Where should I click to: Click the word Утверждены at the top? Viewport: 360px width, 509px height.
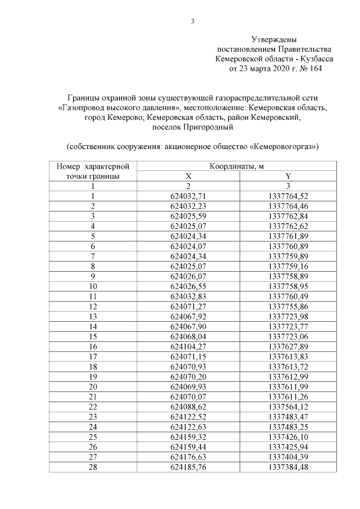tap(274, 39)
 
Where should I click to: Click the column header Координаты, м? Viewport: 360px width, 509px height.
tap(237, 166)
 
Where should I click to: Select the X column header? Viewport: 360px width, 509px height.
tap(189, 176)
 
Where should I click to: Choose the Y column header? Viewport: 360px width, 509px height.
tap(288, 176)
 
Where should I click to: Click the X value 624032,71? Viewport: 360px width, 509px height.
tap(189, 196)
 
